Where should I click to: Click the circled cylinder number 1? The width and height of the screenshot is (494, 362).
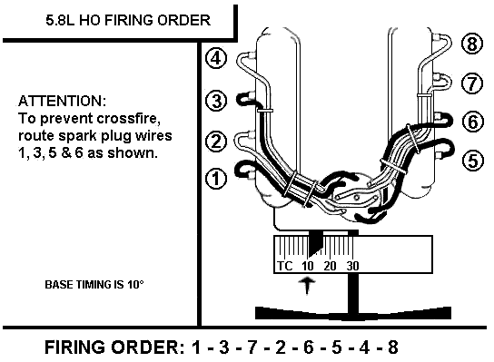tap(215, 178)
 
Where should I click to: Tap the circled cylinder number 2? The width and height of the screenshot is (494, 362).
tap(215, 141)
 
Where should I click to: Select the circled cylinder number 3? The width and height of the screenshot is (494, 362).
tap(215, 100)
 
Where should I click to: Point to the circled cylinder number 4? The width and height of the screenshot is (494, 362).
tap(215, 60)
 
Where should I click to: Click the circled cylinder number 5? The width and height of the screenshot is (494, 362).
tap(470, 161)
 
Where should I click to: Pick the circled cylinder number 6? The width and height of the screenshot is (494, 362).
tap(470, 122)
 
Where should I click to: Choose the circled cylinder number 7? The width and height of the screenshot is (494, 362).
tap(470, 83)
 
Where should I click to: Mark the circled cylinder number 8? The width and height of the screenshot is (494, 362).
tap(470, 44)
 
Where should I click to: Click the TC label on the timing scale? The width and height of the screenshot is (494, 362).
tap(285, 266)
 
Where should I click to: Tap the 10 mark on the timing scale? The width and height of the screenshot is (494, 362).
tap(307, 266)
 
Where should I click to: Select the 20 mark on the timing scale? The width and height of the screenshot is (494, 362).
tap(329, 266)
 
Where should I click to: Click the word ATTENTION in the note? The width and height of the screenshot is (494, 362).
tap(62, 100)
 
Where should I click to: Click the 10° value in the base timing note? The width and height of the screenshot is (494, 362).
tap(134, 284)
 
